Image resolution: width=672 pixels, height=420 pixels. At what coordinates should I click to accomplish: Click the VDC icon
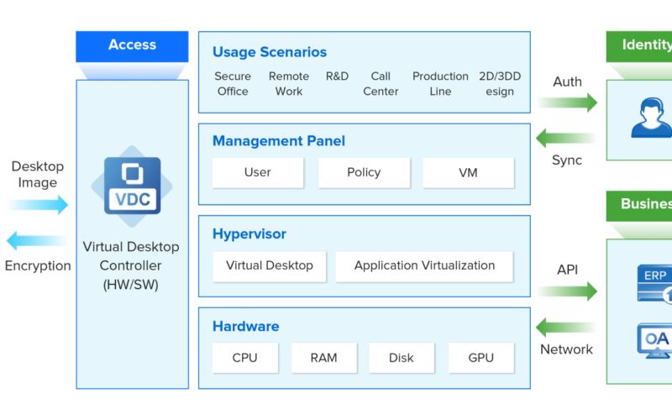131,186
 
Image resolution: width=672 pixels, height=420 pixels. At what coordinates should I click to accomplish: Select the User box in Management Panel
257,173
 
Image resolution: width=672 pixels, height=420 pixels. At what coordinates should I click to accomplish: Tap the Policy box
363,173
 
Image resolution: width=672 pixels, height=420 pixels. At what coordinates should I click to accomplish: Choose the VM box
468,173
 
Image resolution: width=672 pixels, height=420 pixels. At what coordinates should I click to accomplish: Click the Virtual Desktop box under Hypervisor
269,265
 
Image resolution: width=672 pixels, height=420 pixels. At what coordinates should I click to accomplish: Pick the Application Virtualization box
424,265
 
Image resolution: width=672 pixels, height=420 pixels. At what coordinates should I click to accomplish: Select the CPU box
244,358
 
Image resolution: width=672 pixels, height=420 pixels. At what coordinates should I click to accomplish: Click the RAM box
323,358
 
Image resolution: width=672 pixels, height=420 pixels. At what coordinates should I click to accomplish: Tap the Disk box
402,358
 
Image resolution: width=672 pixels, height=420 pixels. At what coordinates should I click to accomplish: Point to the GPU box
480,358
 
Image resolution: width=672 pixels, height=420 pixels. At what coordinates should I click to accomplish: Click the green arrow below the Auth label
567,103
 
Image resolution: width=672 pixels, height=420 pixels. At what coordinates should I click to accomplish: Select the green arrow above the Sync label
567,137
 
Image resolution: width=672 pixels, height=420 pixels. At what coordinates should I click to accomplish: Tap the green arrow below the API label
567,291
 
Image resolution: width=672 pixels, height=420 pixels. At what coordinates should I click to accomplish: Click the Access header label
132,45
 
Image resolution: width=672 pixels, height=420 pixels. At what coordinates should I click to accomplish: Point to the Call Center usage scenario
381,84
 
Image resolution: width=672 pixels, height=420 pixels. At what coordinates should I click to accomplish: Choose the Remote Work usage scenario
289,84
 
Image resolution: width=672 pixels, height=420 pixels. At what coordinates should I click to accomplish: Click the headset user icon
651,118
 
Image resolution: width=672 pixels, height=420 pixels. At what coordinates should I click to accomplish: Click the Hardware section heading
245,327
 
